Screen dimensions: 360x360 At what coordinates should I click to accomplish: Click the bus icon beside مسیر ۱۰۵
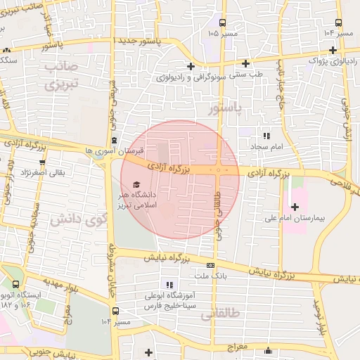pos(223,22)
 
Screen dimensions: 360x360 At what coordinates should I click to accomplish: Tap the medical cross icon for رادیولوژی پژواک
pos(333,49)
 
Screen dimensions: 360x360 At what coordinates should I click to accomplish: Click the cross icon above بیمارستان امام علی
pos(294,206)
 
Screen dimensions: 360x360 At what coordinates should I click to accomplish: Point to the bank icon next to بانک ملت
pos(211,265)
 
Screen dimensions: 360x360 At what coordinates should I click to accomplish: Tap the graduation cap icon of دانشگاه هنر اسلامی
pos(136,184)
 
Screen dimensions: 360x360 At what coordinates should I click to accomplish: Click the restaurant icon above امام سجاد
pos(266,136)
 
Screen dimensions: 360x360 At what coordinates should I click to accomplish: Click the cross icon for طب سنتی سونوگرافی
pos(245,63)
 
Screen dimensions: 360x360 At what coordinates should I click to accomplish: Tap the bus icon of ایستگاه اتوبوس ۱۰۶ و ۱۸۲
pos(15,285)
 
